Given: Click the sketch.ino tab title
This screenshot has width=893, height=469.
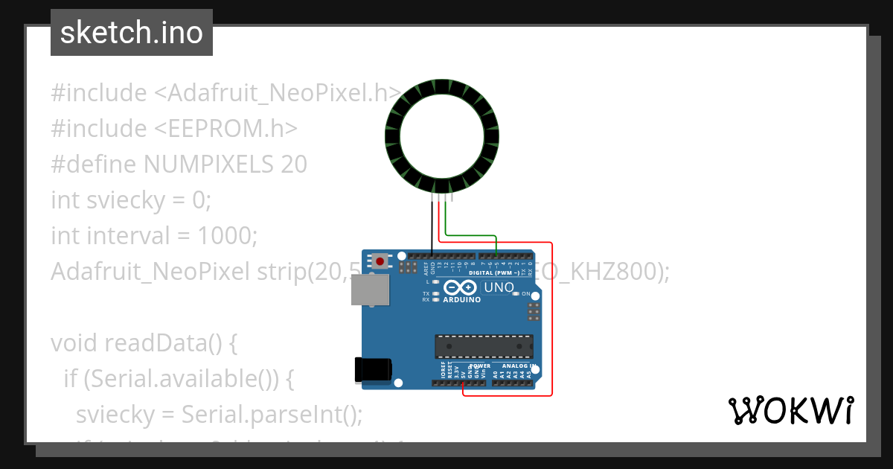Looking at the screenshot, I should coord(132,33).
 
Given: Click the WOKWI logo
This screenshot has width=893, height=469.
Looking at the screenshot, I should coord(790,410).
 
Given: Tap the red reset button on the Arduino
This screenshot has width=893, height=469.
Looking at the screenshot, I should coord(381,261).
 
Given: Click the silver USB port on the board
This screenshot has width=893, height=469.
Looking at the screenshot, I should coord(369,290).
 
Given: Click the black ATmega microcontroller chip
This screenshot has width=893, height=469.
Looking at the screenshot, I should coord(484,346).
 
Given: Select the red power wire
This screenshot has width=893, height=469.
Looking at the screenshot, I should coord(551,320).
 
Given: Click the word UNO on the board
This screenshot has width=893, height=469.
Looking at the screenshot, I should coord(499,287).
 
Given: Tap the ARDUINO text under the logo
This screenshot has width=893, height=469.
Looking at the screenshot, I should coord(461,300).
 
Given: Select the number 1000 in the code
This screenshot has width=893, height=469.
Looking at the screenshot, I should coord(227,236).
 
